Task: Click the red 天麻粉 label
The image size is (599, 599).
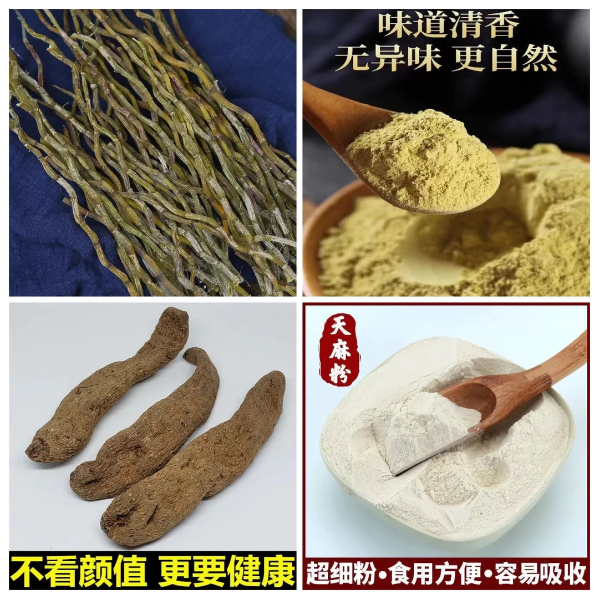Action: [338, 353]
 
